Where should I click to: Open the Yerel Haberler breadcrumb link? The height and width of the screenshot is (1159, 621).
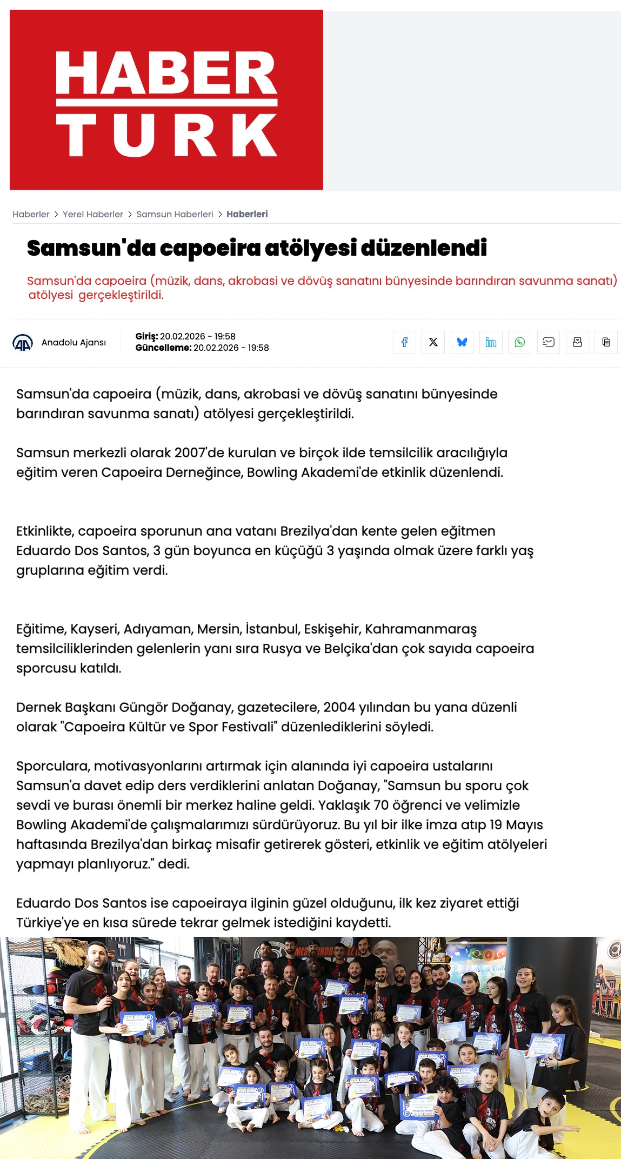[x=93, y=214]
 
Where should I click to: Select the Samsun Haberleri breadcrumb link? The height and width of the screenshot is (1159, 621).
[x=175, y=214]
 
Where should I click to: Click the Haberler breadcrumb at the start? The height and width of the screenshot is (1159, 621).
[x=31, y=214]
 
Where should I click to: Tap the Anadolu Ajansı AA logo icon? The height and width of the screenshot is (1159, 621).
[x=23, y=343]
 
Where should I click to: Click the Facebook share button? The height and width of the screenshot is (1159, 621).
[x=404, y=342]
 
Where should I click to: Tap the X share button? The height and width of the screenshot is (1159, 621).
[x=433, y=342]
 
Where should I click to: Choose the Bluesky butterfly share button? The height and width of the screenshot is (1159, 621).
[x=462, y=342]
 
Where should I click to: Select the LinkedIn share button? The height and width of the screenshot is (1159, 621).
[x=491, y=342]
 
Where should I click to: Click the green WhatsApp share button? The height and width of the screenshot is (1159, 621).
[x=519, y=342]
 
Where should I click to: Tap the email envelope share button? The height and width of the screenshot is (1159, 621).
[x=549, y=342]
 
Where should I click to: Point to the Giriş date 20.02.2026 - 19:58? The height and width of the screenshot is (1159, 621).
[x=197, y=336]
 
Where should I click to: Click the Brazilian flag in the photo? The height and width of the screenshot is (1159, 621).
[x=479, y=954]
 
